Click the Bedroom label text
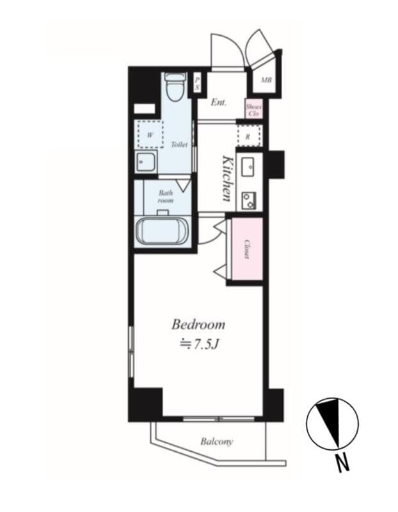(198, 324)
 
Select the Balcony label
(216, 442)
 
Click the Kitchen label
(227, 178)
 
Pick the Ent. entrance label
(219, 102)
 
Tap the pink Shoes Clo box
(253, 109)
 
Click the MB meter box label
(266, 81)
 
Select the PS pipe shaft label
(197, 83)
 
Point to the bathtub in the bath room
(163, 231)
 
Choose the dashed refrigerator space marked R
(248, 136)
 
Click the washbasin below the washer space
(145, 163)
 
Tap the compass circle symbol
(332, 424)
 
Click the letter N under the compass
(343, 462)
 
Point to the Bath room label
(166, 196)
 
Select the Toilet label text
(179, 145)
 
